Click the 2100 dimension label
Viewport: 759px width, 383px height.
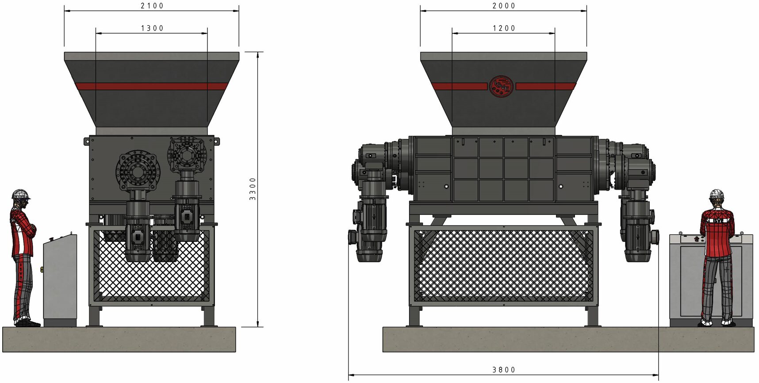coord(152,6)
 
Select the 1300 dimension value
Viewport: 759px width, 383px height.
coord(152,28)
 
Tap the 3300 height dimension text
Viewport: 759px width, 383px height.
coord(253,189)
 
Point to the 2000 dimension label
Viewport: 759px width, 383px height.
coord(504,6)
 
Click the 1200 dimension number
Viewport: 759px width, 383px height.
coord(504,28)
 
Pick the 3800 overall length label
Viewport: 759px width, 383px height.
coord(504,370)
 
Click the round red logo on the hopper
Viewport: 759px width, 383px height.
coord(501,86)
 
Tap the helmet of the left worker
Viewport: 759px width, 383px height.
coord(20,194)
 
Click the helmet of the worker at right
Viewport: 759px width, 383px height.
coord(717,194)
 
